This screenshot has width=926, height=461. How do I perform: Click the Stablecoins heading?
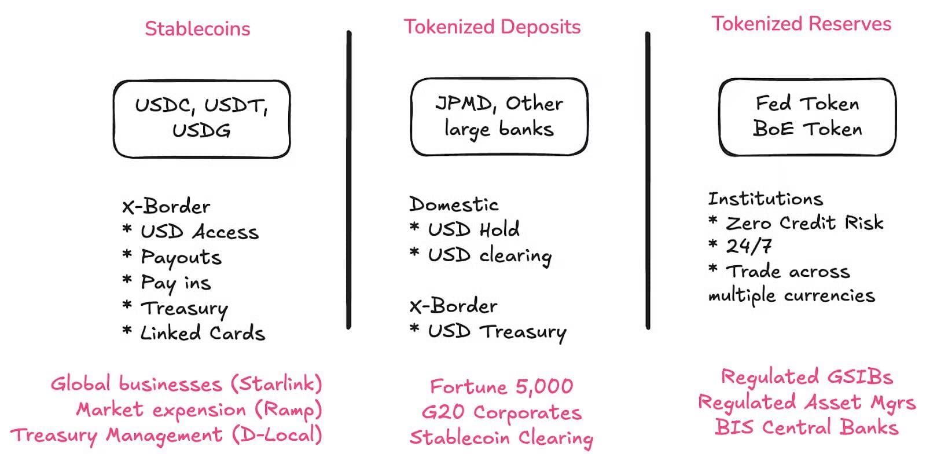point(197,29)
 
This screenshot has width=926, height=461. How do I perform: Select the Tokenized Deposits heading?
point(492,27)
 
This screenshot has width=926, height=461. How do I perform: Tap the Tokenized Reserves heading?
point(801,24)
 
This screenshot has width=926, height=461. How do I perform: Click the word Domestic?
point(454,204)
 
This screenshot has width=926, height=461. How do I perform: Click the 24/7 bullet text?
point(749,246)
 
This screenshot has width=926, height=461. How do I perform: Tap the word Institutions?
point(766,199)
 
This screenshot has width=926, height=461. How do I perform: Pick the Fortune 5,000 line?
point(501,386)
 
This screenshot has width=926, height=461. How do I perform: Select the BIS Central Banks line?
point(807,427)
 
